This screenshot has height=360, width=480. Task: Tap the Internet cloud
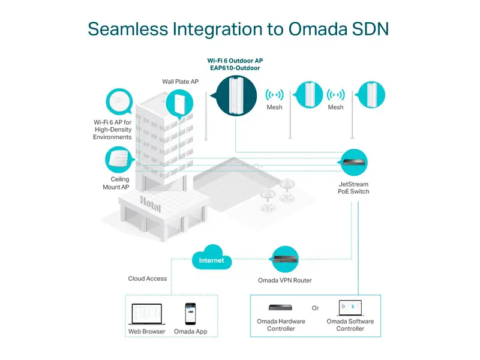[x=212, y=257]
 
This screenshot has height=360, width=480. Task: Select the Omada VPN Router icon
[x=286, y=259]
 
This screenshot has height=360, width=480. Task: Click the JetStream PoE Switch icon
[x=353, y=162]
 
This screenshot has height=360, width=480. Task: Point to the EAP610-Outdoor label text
[x=235, y=68]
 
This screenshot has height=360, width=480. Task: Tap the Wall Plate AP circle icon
[x=179, y=103]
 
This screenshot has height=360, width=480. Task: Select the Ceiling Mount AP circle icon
[x=119, y=160]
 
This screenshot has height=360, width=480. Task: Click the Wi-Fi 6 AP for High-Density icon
[x=119, y=101]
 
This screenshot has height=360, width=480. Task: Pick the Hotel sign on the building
[x=150, y=203]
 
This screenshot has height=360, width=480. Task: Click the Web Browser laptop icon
[x=146, y=314]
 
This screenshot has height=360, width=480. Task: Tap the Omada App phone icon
[x=190, y=314]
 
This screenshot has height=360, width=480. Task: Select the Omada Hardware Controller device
[x=280, y=308]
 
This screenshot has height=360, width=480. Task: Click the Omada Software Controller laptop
[x=350, y=308]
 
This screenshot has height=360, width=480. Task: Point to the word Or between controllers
[x=316, y=308]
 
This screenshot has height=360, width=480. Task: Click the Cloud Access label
[x=148, y=278]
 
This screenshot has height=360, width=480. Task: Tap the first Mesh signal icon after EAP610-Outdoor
[x=274, y=95]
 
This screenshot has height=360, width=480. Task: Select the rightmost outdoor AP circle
[x=371, y=95]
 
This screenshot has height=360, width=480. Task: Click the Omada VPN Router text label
[x=285, y=280]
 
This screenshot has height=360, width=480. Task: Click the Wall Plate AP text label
[x=181, y=82]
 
